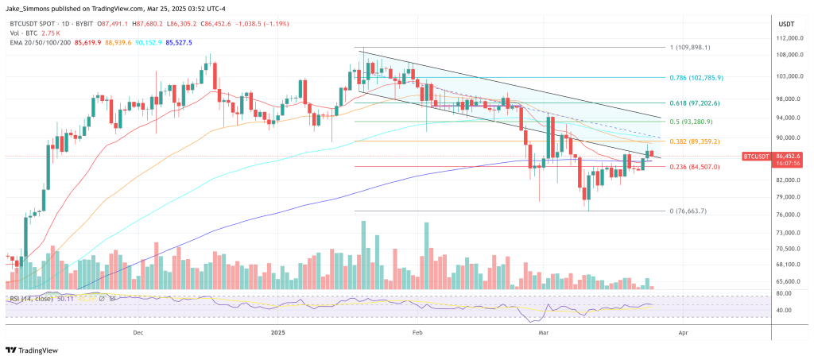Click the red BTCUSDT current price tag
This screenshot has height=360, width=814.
pos(757,156)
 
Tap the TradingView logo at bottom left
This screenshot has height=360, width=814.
pos(35,350)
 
